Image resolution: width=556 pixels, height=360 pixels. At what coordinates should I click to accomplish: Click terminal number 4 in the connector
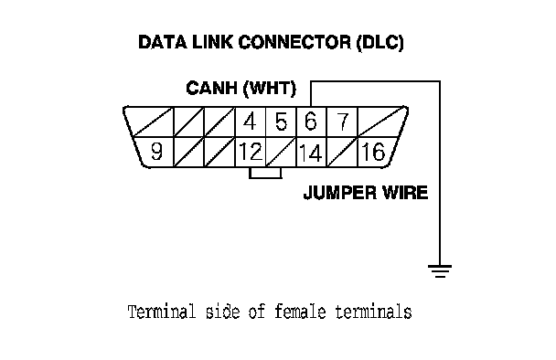(250, 122)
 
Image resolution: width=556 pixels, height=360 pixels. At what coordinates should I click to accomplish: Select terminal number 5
(281, 122)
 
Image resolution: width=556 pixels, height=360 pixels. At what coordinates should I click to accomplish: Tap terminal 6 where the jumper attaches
(311, 122)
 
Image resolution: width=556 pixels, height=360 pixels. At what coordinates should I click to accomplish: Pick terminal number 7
(342, 122)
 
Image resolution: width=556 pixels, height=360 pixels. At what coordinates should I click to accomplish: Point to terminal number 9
(156, 152)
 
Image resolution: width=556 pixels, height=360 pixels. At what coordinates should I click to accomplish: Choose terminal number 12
(251, 152)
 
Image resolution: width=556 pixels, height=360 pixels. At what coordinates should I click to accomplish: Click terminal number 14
(311, 153)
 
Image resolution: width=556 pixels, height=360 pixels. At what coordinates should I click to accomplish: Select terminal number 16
(373, 152)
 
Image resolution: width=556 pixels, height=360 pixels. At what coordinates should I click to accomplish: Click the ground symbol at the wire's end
(440, 270)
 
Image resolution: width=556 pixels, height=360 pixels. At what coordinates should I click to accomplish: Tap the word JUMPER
(339, 193)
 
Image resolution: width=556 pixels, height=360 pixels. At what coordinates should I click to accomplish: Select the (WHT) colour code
(270, 88)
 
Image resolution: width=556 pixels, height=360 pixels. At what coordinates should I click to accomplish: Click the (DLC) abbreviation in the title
(380, 43)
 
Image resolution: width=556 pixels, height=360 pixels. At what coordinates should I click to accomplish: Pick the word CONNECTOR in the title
(294, 42)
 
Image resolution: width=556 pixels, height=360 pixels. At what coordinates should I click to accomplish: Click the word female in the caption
(300, 312)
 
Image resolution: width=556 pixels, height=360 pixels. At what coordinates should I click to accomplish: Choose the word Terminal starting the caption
(162, 312)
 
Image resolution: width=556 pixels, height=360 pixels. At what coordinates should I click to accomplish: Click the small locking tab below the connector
(265, 173)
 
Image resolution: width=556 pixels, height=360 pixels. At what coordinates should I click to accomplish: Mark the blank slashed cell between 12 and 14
(281, 152)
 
